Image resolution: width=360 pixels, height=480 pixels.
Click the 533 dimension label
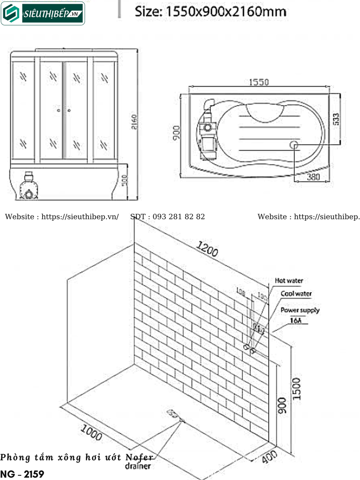point(336,120)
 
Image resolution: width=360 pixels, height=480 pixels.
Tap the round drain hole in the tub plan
point(295,144)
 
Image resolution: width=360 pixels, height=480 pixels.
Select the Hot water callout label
point(289,281)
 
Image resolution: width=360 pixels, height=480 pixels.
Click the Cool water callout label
point(296,294)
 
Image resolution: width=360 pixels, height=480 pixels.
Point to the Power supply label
point(300,310)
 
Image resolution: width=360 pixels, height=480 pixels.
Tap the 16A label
point(296,321)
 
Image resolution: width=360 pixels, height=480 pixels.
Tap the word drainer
point(138,466)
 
